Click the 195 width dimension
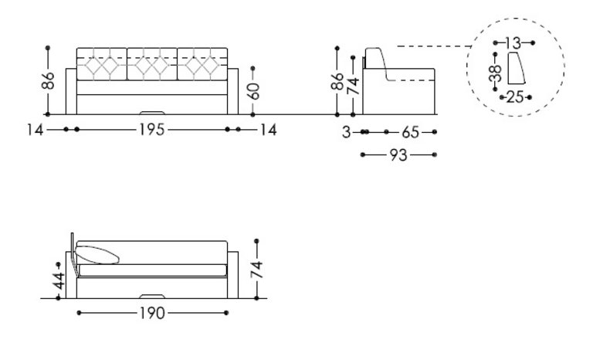pos(151,131)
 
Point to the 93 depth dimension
pos(398,156)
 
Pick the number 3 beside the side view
pos(347,132)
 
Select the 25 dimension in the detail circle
pos(514,97)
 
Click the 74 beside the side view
pos(353,82)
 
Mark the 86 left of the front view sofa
pos(49,81)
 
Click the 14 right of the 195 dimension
pos(267,131)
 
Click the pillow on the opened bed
pos(99,253)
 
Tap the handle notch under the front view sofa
pos(151,111)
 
